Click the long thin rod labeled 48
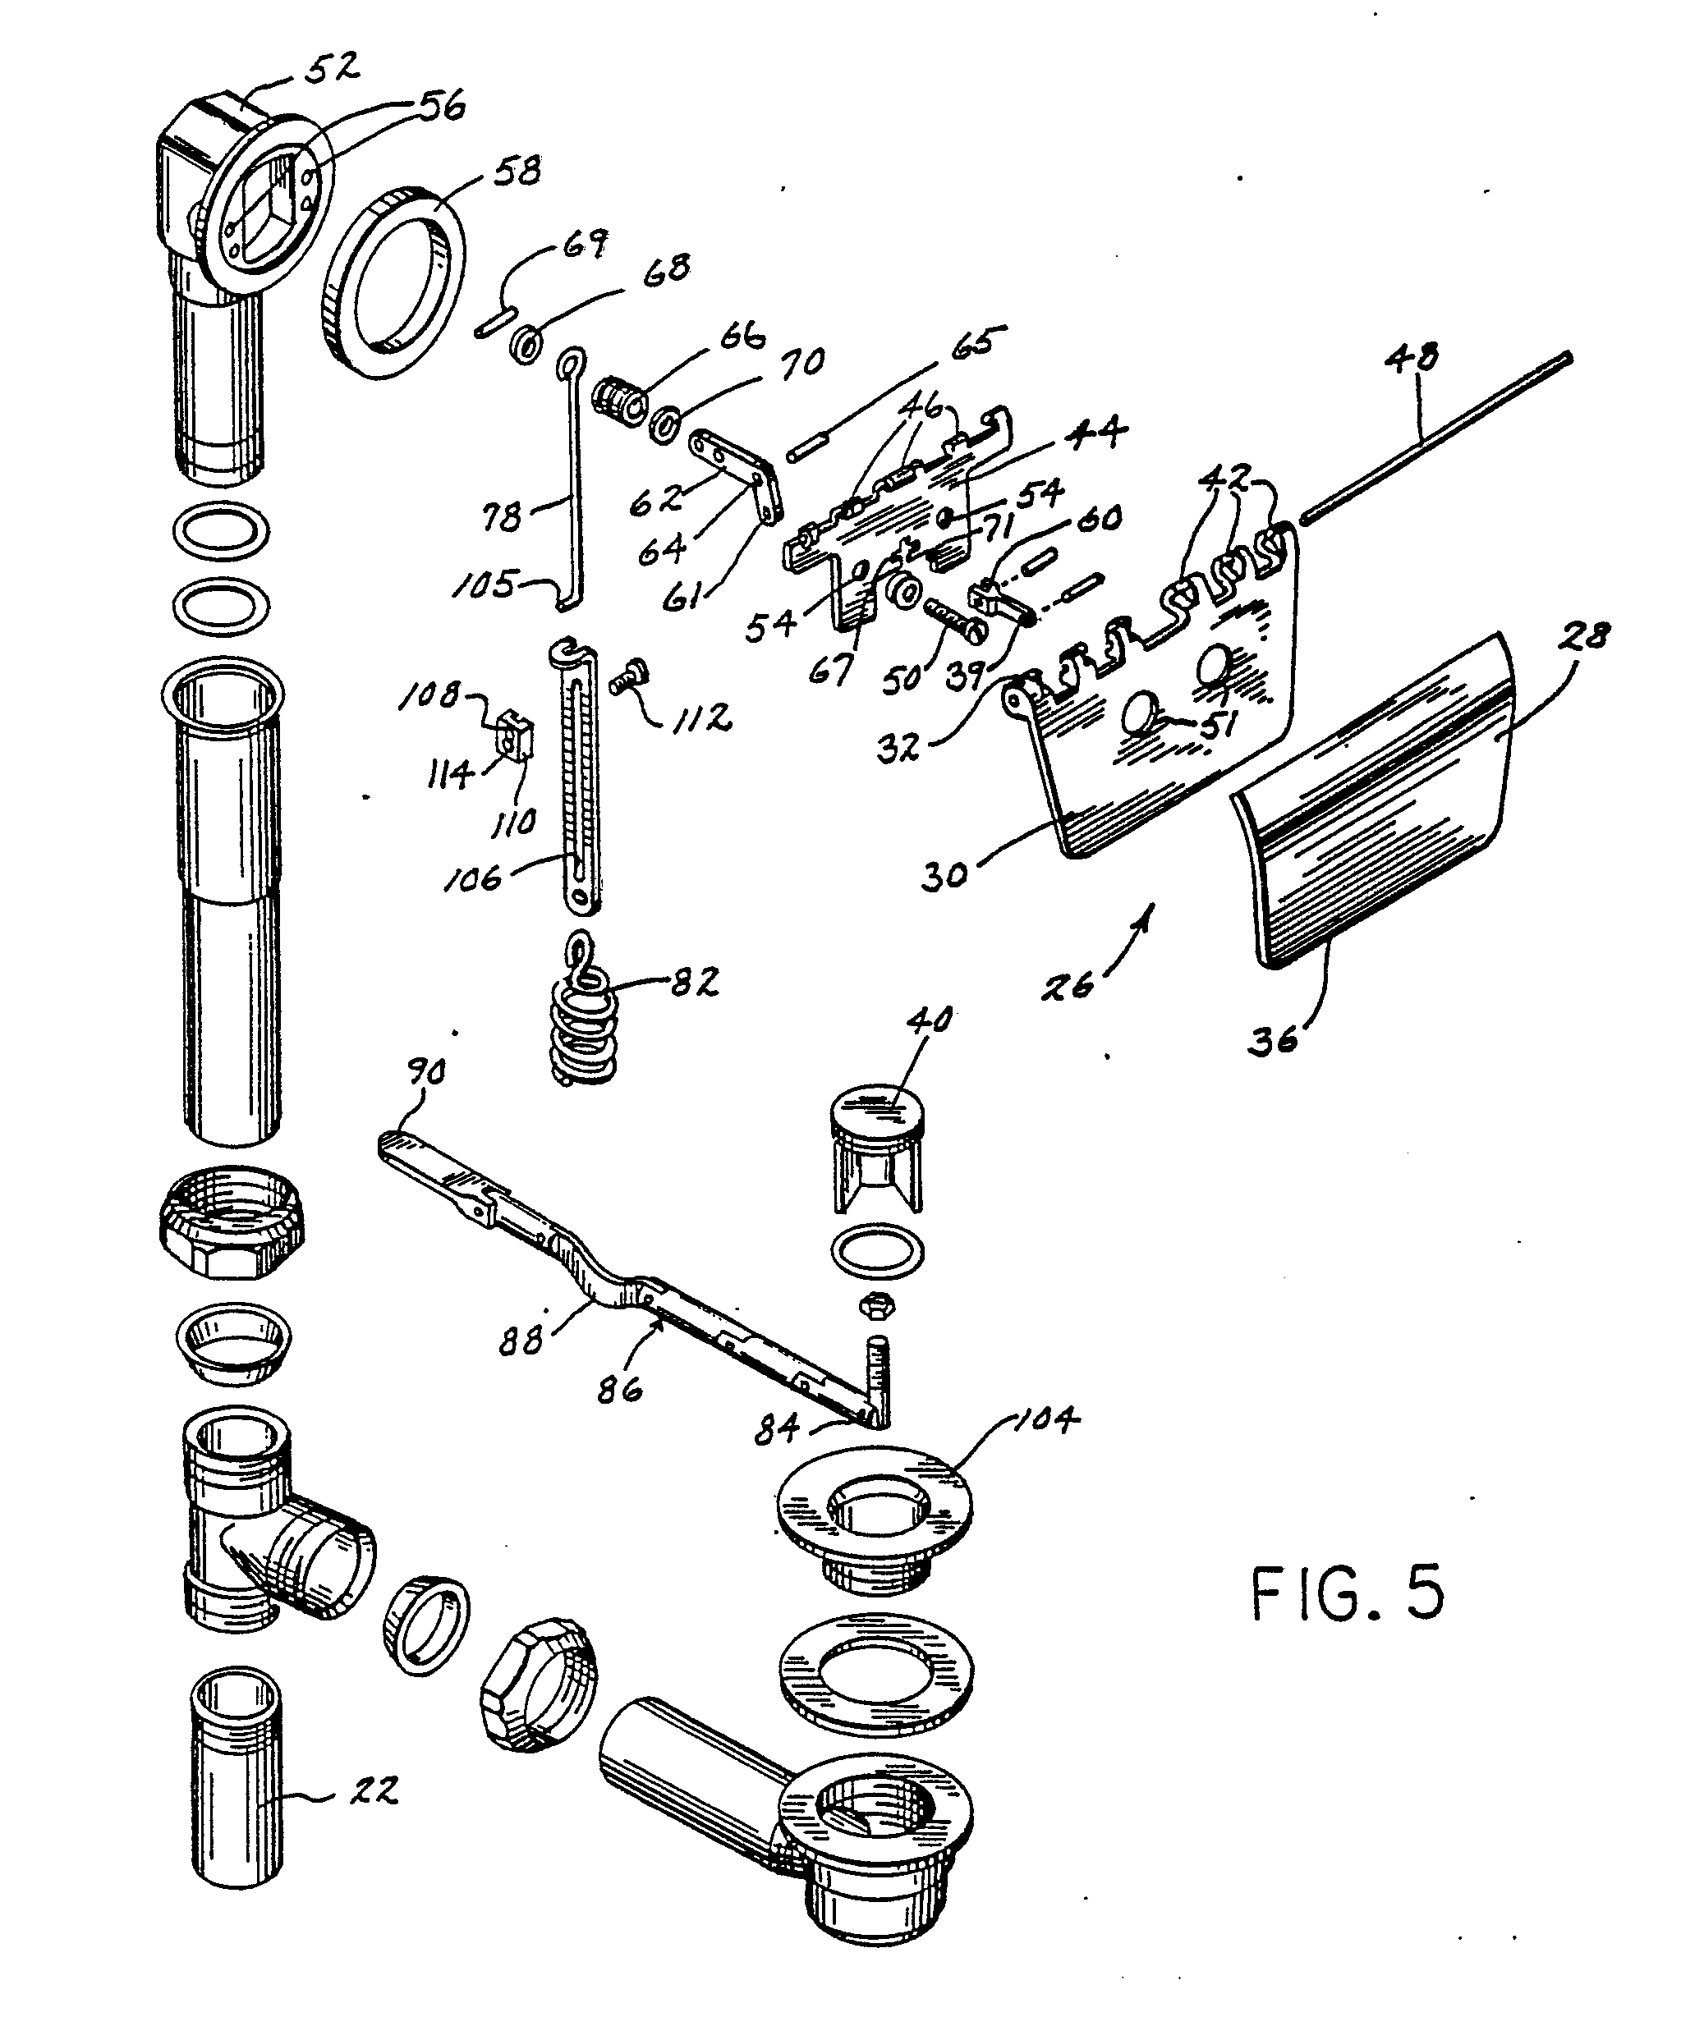click(1437, 439)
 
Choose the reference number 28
click(1583, 637)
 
